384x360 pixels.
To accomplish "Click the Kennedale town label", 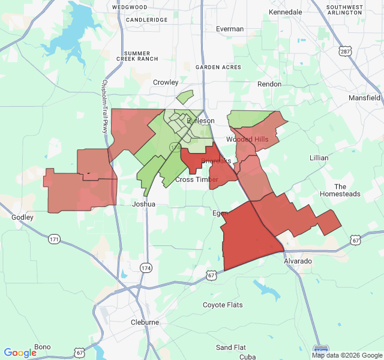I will click(286, 12).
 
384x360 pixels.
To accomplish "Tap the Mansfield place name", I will click(364, 97).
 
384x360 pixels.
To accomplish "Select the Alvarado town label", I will click(298, 262).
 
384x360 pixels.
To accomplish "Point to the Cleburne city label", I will click(145, 322).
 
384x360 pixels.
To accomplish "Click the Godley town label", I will click(23, 217).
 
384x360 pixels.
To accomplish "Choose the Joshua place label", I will click(143, 204).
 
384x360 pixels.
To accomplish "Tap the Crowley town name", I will click(166, 82).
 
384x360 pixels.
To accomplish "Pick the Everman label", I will click(230, 29).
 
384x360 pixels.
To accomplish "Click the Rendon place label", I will click(269, 84).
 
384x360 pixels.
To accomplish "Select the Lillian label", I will click(319, 158).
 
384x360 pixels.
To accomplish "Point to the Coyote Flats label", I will click(223, 305).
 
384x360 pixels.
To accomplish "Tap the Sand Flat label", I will click(231, 347).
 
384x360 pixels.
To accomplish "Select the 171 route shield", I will click(55, 239).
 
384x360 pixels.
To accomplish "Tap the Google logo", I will click(20, 353).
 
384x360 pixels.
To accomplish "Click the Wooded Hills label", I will click(247, 139).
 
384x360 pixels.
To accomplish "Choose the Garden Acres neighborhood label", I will click(218, 68).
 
